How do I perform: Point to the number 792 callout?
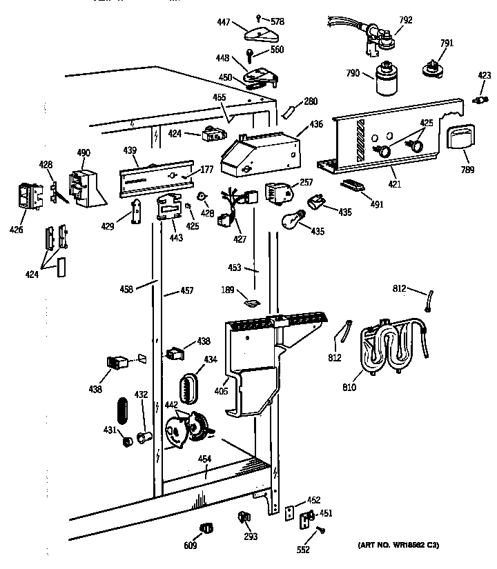tap(406, 20)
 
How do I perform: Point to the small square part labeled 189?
tap(251, 301)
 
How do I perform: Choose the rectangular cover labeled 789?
tap(460, 138)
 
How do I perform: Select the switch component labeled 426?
tap(27, 195)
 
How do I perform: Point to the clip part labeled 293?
tap(243, 516)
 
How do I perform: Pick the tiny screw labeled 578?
tap(257, 17)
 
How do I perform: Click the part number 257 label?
tap(306, 183)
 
